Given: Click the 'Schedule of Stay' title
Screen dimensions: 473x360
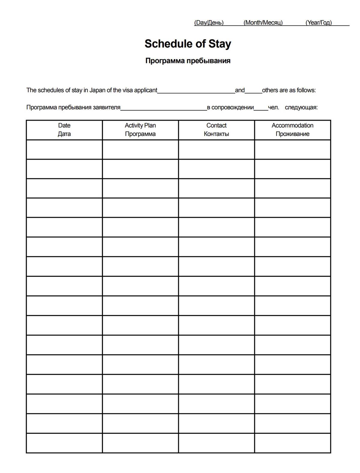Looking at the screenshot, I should pyautogui.click(x=188, y=44).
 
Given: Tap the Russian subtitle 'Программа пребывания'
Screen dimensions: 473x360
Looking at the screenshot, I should pyautogui.click(x=188, y=61).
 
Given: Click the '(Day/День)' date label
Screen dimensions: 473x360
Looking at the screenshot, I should pyautogui.click(x=209, y=22).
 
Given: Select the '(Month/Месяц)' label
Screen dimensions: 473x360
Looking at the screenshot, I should pyautogui.click(x=263, y=22).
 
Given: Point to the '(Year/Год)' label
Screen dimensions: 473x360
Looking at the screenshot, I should pyautogui.click(x=319, y=22).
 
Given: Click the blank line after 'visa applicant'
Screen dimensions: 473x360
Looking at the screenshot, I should pyautogui.click(x=196, y=91).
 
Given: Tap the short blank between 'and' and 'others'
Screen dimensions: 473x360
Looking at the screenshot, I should pyautogui.click(x=253, y=91).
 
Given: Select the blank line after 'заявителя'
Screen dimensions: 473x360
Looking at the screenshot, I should pyautogui.click(x=164, y=108).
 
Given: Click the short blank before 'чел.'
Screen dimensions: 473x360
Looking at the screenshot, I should pyautogui.click(x=261, y=108).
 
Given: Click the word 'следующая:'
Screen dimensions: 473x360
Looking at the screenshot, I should pyautogui.click(x=301, y=107).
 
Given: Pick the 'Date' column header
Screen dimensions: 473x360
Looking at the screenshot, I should pyautogui.click(x=64, y=126).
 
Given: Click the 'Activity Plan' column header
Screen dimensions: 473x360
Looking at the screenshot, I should pyautogui.click(x=140, y=126).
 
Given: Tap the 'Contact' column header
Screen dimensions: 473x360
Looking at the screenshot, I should pyautogui.click(x=216, y=126).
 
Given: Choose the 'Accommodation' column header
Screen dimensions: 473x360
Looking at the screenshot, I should pyautogui.click(x=292, y=126).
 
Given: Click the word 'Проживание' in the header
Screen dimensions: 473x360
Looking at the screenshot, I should pyautogui.click(x=292, y=134).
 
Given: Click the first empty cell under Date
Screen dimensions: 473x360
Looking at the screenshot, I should pyautogui.click(x=64, y=150).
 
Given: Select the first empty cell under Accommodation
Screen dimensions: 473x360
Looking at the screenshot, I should pyautogui.click(x=292, y=150).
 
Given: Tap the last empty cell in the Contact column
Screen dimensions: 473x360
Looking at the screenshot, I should pyautogui.click(x=216, y=443).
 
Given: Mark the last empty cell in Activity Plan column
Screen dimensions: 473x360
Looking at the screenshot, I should pyautogui.click(x=140, y=443).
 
